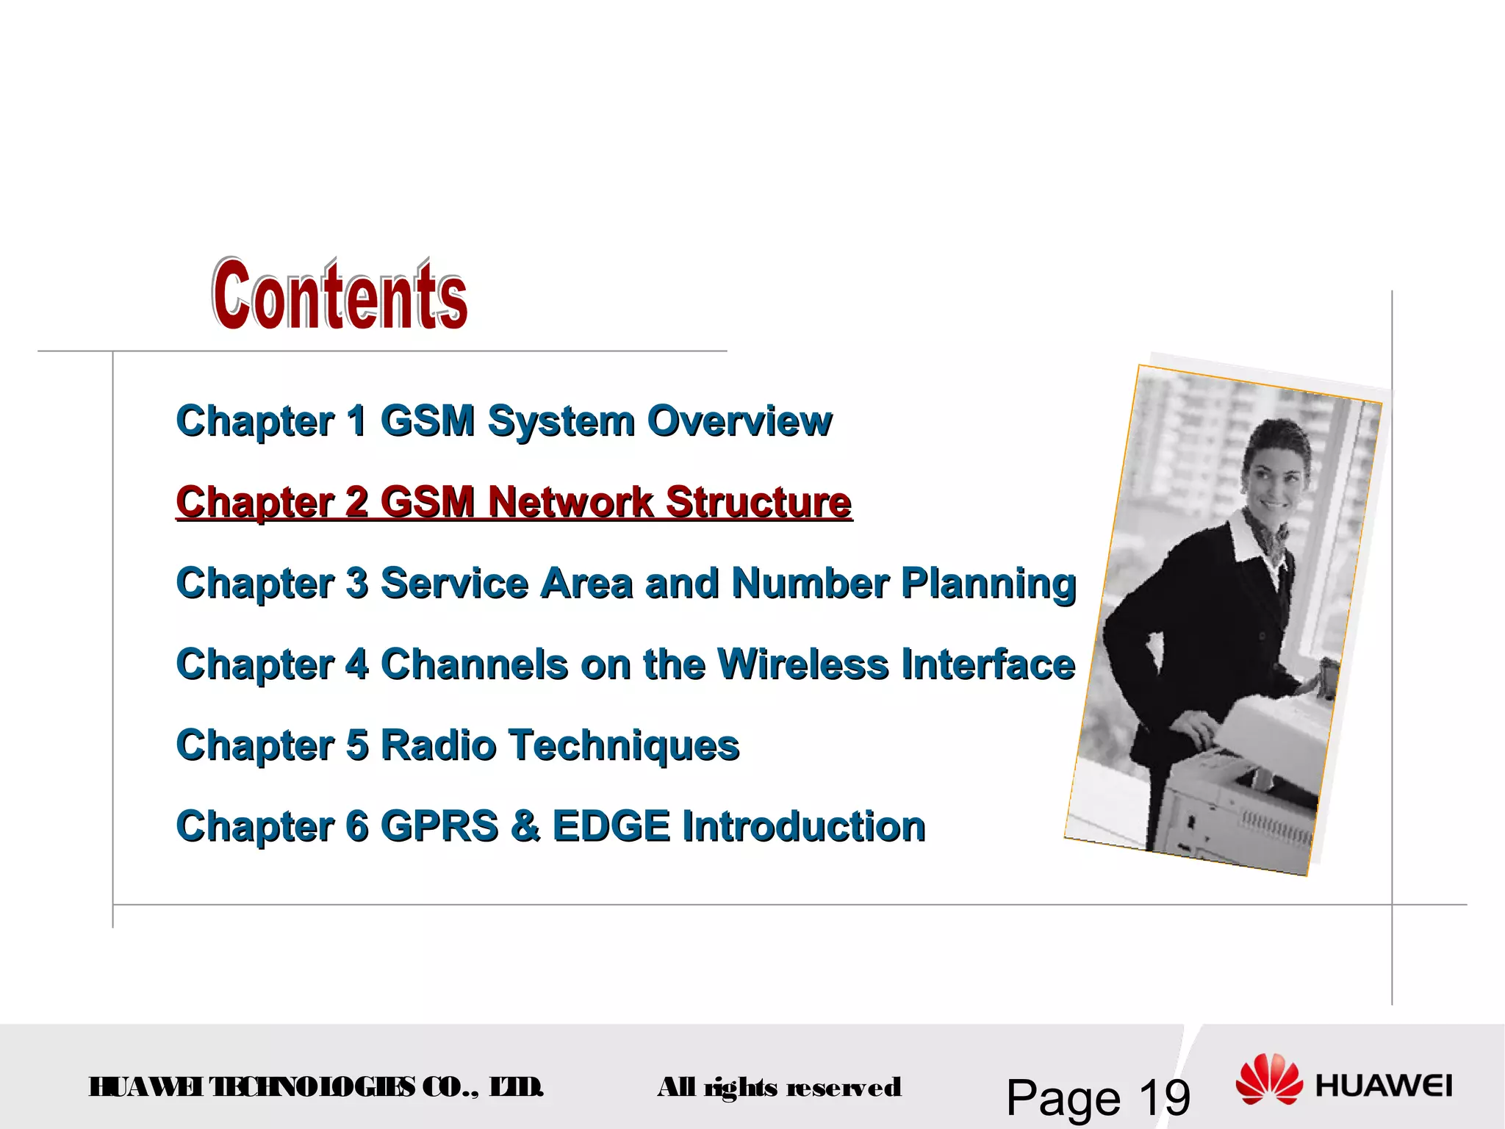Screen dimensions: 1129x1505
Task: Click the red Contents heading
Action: click(340, 295)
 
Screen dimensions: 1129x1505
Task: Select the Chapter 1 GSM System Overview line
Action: click(504, 421)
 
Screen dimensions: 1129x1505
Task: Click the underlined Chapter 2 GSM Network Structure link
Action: click(514, 503)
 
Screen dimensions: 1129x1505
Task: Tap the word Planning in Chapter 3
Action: click(988, 584)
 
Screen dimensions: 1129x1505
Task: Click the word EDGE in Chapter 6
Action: click(611, 827)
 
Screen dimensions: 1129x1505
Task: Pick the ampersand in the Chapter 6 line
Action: click(525, 827)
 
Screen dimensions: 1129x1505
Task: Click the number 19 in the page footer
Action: click(1164, 1098)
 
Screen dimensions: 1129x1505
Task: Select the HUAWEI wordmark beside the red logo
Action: click(1384, 1086)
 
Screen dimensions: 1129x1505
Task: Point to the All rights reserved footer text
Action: click(779, 1087)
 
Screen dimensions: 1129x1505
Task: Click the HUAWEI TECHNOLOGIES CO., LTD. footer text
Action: click(316, 1087)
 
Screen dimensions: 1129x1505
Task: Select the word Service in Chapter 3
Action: click(454, 584)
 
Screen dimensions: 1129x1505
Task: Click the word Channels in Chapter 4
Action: click(474, 665)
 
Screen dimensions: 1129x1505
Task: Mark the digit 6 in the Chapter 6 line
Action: click(356, 827)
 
